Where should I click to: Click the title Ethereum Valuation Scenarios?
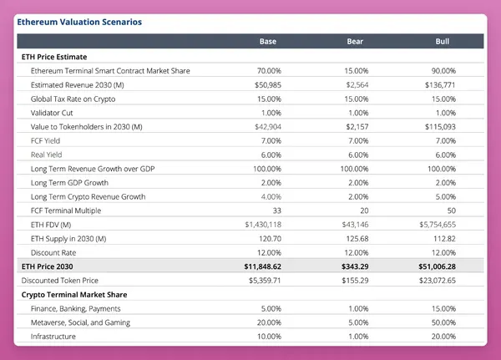click(79, 21)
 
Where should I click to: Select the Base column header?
click(268, 42)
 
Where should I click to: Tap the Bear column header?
click(355, 42)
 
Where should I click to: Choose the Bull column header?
click(443, 42)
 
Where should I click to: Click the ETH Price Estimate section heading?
click(53, 57)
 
